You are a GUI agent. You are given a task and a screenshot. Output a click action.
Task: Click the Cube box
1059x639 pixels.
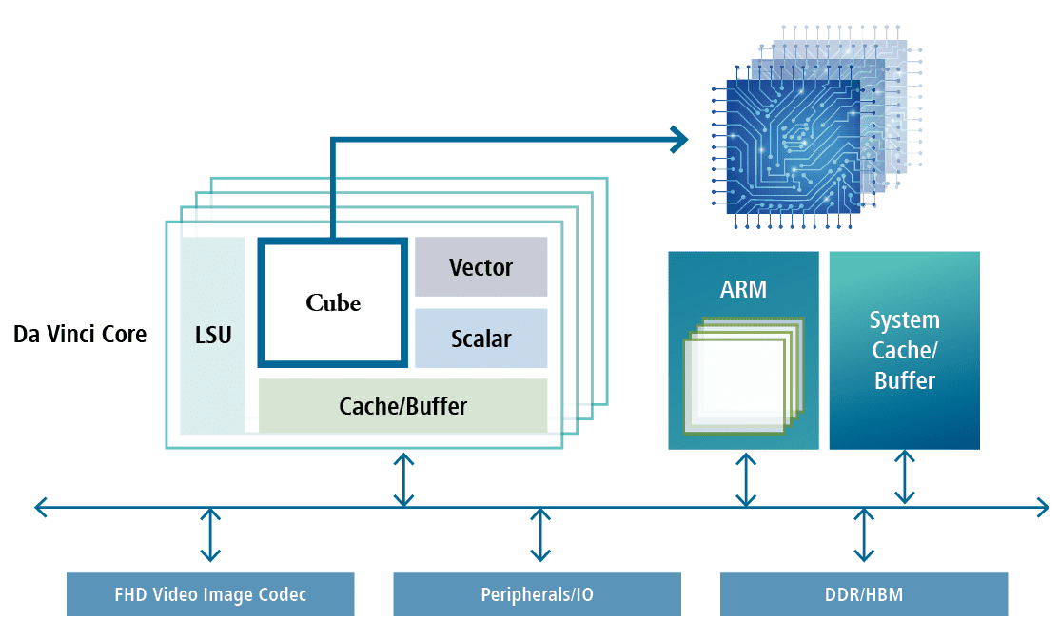[x=333, y=302]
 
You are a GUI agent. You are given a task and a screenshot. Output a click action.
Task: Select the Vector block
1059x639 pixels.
[x=480, y=267]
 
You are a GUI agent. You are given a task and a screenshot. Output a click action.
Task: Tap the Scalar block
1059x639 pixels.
[x=480, y=339]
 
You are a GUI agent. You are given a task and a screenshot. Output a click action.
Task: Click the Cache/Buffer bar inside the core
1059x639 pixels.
[x=402, y=406]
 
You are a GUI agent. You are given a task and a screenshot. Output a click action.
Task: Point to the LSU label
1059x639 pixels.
[x=212, y=336]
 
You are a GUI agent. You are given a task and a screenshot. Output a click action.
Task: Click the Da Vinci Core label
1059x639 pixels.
[x=80, y=335]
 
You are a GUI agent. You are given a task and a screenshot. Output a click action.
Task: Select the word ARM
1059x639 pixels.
[x=743, y=289]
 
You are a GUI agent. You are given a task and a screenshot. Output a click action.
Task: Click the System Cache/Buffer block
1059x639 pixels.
[x=904, y=350]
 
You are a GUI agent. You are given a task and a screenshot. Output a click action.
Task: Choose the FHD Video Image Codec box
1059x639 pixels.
[x=210, y=594]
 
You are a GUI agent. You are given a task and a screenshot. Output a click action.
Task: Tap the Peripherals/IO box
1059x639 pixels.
[x=537, y=594]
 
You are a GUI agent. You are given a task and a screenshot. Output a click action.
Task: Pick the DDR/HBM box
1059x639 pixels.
[x=863, y=594]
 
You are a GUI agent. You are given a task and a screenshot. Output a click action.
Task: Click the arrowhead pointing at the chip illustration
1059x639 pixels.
[x=677, y=140]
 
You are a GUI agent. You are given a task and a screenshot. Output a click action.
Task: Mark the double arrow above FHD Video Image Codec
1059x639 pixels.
[x=210, y=534]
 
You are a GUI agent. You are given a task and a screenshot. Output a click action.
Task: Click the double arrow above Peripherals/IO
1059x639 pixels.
[x=539, y=534]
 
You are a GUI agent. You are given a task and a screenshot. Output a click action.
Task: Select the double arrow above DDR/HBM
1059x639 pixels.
[x=864, y=534]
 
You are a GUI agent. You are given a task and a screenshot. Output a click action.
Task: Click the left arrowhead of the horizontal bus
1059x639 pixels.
[x=41, y=508]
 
